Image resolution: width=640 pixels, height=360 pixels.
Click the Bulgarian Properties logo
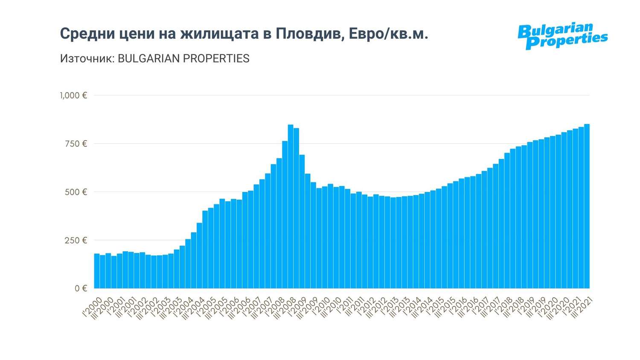pyautogui.click(x=562, y=36)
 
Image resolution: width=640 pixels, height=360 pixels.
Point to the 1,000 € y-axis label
pyautogui.click(x=73, y=96)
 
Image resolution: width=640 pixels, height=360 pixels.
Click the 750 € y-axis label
pyautogui.click(x=76, y=144)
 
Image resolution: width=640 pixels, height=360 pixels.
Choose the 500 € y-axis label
pyautogui.click(x=76, y=192)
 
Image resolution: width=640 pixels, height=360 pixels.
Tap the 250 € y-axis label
pyautogui.click(x=76, y=240)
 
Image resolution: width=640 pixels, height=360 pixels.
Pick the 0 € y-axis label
pyautogui.click(x=81, y=288)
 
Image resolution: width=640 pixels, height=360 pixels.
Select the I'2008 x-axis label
pyautogui.click(x=275, y=307)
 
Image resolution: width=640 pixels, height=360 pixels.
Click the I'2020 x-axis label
pyautogui.click(x=549, y=307)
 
